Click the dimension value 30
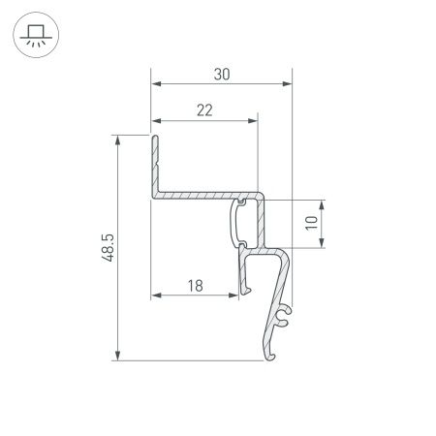(x=221, y=72)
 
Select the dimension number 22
(x=204, y=109)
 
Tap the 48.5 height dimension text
(x=108, y=248)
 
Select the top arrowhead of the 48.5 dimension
(x=119, y=140)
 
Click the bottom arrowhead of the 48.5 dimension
(x=119, y=357)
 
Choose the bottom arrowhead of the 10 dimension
(x=323, y=244)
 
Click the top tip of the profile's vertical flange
(x=153, y=138)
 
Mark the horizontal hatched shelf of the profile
(x=199, y=197)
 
